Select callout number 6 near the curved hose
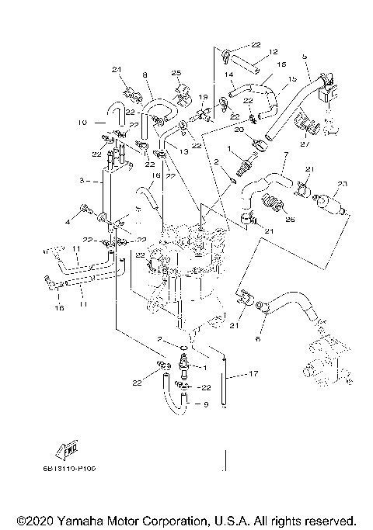click(259, 339)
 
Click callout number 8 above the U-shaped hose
click(145, 74)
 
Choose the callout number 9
click(206, 405)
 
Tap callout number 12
click(274, 51)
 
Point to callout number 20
click(239, 130)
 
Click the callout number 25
click(176, 73)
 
